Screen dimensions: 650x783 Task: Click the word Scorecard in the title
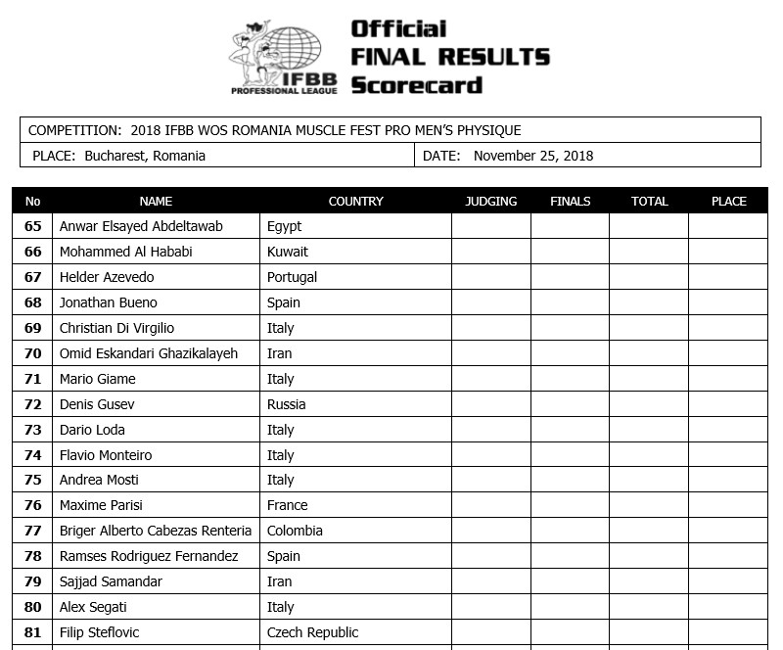tap(416, 84)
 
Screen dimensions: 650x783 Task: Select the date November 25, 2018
tap(532, 156)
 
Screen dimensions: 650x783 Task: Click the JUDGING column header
tap(490, 202)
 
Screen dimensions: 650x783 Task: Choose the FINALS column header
tap(571, 202)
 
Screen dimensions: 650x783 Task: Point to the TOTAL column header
tap(649, 202)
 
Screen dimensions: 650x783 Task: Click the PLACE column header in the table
tap(728, 202)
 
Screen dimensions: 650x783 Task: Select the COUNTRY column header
tap(355, 202)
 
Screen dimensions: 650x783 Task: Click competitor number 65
tap(33, 226)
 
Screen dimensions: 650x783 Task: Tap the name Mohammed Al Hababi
tap(125, 252)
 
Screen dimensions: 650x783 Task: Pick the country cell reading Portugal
tap(292, 277)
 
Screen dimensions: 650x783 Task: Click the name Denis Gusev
tap(97, 404)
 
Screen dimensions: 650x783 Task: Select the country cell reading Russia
tap(286, 404)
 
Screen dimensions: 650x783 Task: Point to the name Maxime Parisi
tap(103, 505)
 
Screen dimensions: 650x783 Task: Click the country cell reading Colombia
tap(295, 531)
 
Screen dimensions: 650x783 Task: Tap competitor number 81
tap(33, 632)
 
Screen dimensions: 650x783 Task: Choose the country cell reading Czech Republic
tap(312, 632)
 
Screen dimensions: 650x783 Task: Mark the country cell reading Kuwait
tap(287, 252)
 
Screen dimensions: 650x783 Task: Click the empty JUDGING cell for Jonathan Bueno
tap(490, 302)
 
